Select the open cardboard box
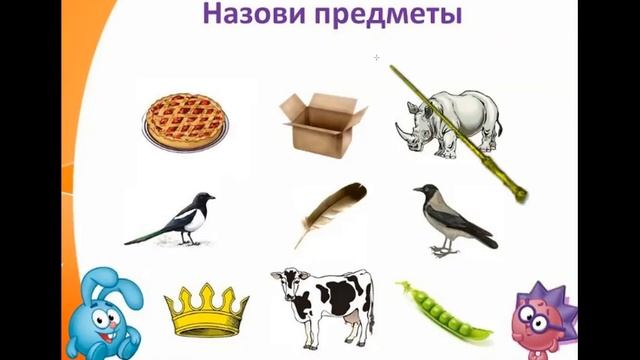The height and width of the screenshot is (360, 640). [317, 122]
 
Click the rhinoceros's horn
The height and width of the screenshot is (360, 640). [400, 129]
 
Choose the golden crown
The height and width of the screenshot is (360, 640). [206, 309]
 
